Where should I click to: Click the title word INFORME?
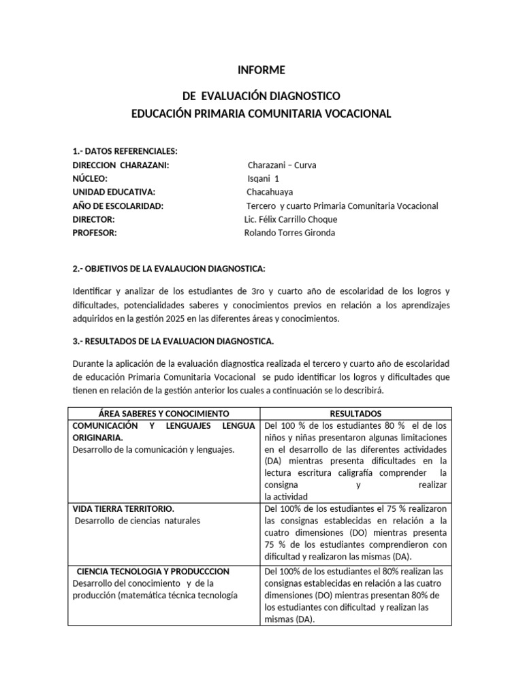click(261, 70)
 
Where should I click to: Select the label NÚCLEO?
click(90, 178)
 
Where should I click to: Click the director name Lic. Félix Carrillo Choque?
click(290, 219)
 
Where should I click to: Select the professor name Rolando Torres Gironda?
click(289, 233)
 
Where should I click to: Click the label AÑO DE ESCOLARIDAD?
click(118, 206)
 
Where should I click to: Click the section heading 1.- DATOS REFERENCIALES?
click(125, 151)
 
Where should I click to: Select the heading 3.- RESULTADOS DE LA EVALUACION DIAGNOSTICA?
click(173, 340)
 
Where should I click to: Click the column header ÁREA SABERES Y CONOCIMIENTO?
click(164, 413)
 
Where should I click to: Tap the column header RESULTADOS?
click(355, 413)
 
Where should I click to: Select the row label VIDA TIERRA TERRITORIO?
click(123, 508)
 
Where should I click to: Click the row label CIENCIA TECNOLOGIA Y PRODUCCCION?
click(153, 570)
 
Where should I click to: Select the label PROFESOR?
click(95, 233)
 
